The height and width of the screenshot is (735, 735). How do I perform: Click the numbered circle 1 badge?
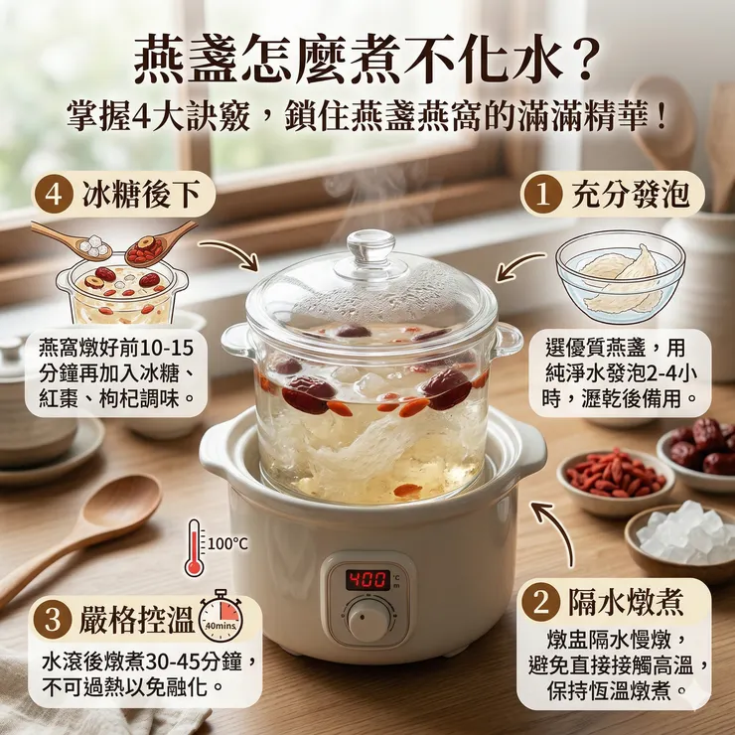(542, 194)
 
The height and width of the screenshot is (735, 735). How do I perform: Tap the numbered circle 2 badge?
(541, 602)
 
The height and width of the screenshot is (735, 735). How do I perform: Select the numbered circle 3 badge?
(53, 619)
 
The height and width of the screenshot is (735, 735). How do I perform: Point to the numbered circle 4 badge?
(54, 194)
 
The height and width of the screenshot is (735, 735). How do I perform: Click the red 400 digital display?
(368, 580)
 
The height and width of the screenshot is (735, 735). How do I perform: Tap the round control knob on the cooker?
(368, 620)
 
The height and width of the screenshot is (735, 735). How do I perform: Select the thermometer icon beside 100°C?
(195, 547)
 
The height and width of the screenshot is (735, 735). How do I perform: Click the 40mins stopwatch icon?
(221, 616)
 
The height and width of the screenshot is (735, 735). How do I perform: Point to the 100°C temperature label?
(227, 543)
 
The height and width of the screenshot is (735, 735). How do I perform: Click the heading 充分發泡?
(631, 194)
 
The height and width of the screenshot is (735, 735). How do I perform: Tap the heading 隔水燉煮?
(627, 602)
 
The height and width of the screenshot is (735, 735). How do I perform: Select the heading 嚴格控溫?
(136, 619)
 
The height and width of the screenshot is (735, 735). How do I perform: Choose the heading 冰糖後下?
(141, 194)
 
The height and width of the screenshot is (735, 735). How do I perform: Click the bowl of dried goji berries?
(616, 482)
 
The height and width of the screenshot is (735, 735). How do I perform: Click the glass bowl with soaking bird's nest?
(620, 276)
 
